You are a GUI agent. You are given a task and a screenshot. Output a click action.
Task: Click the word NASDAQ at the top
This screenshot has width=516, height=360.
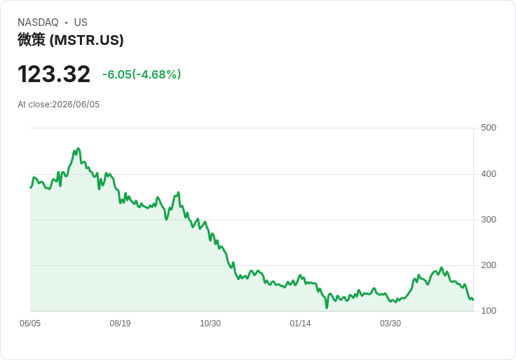38,22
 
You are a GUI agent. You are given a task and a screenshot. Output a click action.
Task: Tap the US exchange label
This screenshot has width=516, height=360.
81,22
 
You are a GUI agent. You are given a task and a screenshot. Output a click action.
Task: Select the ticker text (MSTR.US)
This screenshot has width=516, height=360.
86,40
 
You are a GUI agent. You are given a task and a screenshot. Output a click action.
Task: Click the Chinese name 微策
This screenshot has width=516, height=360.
32,40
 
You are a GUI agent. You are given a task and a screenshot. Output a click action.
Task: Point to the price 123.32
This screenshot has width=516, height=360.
54,74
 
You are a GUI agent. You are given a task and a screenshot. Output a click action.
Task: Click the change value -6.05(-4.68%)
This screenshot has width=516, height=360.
142,74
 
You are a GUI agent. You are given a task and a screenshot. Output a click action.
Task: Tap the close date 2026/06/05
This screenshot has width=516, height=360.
76,105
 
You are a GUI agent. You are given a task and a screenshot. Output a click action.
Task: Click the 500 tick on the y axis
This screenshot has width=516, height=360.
489,128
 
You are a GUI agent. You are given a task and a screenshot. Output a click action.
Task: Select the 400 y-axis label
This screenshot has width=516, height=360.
489,174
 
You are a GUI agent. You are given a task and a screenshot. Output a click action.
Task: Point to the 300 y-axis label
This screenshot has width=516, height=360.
489,220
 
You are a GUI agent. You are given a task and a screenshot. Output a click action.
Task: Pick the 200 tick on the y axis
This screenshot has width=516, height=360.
489,265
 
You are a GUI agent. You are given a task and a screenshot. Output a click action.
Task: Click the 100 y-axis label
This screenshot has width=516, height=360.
489,311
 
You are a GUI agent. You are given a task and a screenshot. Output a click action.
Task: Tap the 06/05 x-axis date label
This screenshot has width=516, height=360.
30,324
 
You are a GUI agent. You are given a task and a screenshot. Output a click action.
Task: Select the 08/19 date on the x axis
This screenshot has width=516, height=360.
120,324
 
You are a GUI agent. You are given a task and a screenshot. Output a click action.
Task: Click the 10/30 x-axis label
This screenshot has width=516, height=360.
210,324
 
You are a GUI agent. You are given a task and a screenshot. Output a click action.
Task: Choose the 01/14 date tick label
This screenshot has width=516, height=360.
300,324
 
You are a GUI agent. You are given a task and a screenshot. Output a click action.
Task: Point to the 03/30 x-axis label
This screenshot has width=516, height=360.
391,324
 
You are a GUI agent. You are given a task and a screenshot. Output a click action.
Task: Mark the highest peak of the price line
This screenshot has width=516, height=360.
78,149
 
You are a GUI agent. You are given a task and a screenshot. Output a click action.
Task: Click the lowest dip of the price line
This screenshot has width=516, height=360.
327,308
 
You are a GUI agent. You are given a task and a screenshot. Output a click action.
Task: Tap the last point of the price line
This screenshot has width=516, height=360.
473,300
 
